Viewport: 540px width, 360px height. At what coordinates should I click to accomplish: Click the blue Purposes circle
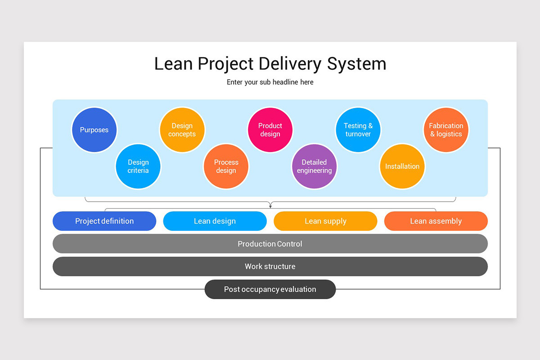(x=94, y=130)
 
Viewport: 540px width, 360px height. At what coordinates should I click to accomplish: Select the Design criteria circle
(x=138, y=166)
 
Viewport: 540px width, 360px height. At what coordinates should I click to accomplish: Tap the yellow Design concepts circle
(x=182, y=130)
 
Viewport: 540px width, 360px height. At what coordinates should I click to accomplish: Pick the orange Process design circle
(x=226, y=166)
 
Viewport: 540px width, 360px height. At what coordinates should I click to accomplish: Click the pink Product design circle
(x=270, y=130)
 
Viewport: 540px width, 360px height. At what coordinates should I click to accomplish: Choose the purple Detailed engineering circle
(x=314, y=166)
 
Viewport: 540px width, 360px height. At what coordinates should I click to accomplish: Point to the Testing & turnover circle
(x=358, y=130)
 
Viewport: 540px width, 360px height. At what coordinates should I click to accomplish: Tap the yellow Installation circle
(x=402, y=166)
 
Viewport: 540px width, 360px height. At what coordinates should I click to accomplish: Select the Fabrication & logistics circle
(x=446, y=130)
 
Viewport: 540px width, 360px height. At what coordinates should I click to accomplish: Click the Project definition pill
(x=104, y=221)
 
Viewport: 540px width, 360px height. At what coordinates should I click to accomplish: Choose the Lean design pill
(x=215, y=221)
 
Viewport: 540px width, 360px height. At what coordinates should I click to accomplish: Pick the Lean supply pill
(x=325, y=221)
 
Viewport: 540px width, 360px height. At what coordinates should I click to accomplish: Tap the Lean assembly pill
(x=436, y=221)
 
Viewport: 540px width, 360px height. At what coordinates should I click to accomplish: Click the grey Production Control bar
(x=270, y=244)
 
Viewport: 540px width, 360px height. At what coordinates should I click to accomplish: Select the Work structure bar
(x=270, y=266)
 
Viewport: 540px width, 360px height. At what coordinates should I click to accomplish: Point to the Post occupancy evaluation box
(x=270, y=289)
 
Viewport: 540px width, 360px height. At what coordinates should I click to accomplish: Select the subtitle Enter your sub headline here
(x=270, y=82)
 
